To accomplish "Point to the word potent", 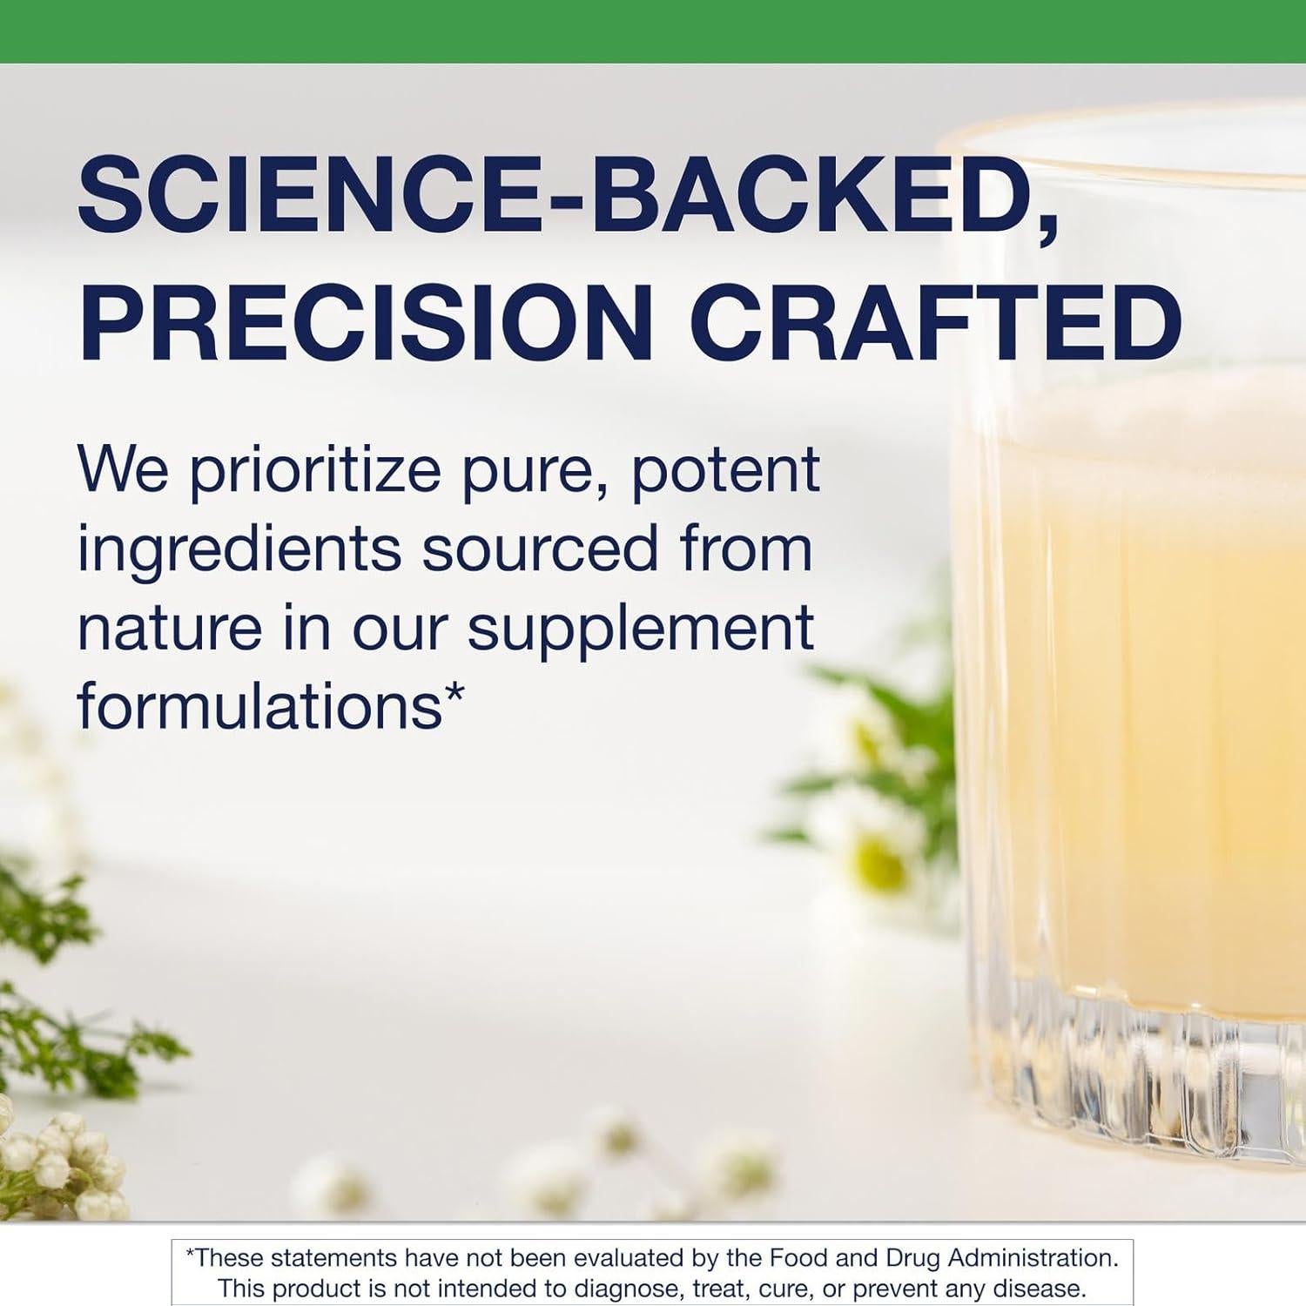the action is (x=724, y=471).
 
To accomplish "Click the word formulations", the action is (x=259, y=704).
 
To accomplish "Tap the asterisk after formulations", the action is (x=454, y=693).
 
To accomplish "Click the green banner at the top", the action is (x=653, y=31).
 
